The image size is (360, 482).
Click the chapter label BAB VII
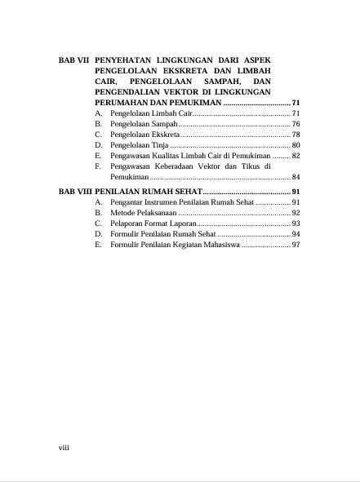76,61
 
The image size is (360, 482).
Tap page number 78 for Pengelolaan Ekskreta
296,134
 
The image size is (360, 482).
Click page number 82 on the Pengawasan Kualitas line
296,155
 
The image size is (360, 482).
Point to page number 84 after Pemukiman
296,176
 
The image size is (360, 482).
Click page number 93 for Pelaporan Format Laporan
296,223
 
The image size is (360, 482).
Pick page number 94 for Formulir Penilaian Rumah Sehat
296,233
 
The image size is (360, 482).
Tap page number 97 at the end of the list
296,244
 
